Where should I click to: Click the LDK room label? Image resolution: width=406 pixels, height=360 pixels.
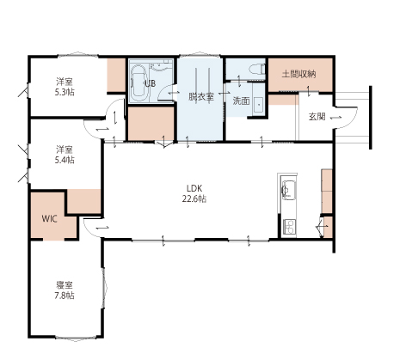[194, 188]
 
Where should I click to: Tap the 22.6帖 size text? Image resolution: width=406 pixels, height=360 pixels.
[194, 198]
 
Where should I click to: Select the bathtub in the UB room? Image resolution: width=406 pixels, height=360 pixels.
[139, 82]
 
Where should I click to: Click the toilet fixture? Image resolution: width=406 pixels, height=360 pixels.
[256, 70]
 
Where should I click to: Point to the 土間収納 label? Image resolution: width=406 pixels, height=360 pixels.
[299, 75]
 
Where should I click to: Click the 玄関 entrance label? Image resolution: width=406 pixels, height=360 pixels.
[317, 117]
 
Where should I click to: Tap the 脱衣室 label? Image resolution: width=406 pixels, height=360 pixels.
[201, 97]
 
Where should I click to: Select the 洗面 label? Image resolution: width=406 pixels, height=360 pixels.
[241, 101]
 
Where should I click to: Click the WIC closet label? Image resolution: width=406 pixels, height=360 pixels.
[49, 219]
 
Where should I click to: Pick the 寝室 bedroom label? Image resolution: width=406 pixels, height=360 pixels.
[65, 285]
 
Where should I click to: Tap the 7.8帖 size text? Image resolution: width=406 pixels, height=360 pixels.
[65, 296]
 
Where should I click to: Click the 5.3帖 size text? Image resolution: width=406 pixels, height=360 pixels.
[65, 92]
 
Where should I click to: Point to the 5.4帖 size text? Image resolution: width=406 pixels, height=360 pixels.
[65, 160]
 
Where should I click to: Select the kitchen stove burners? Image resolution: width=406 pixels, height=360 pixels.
[289, 227]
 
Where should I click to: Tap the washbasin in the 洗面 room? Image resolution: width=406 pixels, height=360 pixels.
[259, 105]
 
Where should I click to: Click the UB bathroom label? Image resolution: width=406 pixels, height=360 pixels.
[150, 84]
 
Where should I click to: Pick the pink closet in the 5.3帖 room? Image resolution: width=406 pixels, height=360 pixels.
[116, 75]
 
